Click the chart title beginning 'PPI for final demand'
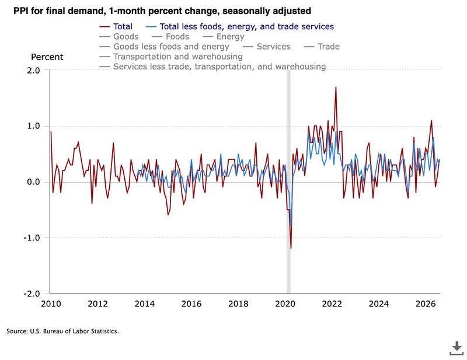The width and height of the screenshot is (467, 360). point(162,11)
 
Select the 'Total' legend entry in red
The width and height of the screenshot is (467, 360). point(116,26)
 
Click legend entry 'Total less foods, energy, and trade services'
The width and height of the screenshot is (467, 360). point(240,27)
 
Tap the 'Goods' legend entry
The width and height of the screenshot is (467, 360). point(119,37)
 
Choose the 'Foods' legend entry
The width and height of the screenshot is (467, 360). point(170,37)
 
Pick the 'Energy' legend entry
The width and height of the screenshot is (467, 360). point(223,37)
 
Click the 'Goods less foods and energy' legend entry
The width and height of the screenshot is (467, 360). point(164,47)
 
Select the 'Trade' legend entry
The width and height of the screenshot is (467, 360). point(322,47)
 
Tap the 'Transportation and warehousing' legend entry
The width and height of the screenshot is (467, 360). point(171,57)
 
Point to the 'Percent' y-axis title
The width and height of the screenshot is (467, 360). point(47,57)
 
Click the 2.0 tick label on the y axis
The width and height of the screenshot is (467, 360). point(33,71)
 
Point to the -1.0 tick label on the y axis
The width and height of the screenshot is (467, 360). point(32,237)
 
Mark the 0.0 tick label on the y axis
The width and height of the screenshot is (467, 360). point(33,182)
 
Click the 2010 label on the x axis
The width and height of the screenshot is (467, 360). point(51,304)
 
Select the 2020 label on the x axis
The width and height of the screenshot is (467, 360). point(285,304)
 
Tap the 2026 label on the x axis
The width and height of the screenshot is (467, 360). point(426,304)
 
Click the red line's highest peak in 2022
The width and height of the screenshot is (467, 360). point(336,88)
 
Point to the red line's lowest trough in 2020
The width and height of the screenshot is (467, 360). point(291,248)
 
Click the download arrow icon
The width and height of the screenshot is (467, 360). point(456,348)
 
